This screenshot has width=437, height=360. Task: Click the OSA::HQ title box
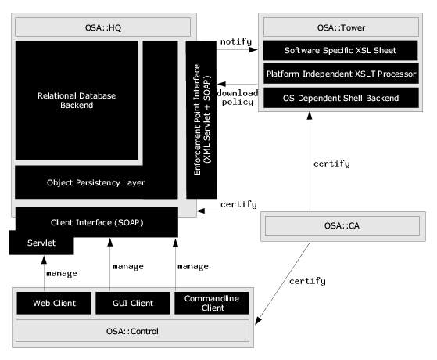pyautogui.click(x=103, y=27)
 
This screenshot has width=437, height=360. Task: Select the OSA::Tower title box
pyautogui.click(x=341, y=27)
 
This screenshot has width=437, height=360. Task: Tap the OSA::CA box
pyautogui.click(x=342, y=225)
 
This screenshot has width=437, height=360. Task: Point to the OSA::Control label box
pyautogui.click(x=132, y=331)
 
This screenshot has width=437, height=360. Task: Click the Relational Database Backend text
pyautogui.click(x=77, y=100)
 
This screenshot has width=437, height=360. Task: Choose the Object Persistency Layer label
pyautogui.click(x=96, y=183)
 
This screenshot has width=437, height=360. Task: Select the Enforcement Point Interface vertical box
pyautogui.click(x=201, y=120)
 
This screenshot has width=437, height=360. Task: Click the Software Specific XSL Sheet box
pyautogui.click(x=340, y=51)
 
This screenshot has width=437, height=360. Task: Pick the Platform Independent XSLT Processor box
pyautogui.click(x=341, y=74)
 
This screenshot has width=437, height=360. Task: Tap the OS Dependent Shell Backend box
pyautogui.click(x=341, y=98)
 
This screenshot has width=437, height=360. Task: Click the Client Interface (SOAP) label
pyautogui.click(x=97, y=223)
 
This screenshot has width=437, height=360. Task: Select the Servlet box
pyautogui.click(x=41, y=243)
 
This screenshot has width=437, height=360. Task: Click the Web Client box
pyautogui.click(x=54, y=303)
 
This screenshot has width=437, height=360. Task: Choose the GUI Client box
pyautogui.click(x=133, y=303)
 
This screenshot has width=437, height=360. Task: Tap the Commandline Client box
pyautogui.click(x=212, y=303)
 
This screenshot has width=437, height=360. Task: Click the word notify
pyautogui.click(x=236, y=41)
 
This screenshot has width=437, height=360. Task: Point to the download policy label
pyautogui.click(x=238, y=97)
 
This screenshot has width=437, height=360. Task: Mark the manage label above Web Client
pyautogui.click(x=62, y=273)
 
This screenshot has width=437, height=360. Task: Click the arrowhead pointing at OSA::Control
pyautogui.click(x=258, y=321)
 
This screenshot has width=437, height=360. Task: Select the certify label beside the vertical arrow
pyautogui.click(x=331, y=164)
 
